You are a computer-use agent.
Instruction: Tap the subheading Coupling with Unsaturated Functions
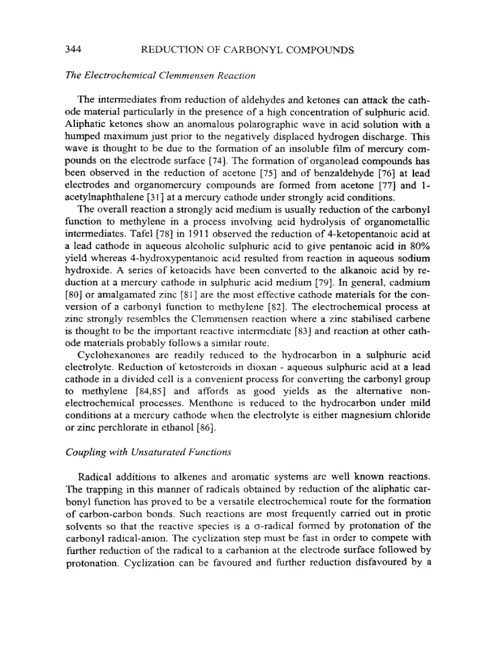(x=148, y=452)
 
